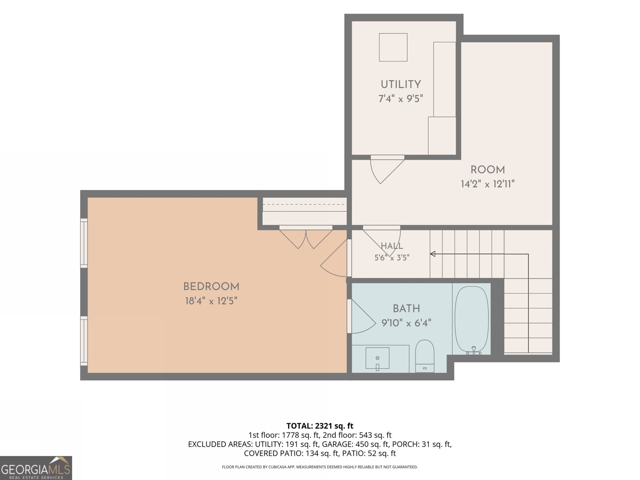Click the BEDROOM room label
[x=211, y=286]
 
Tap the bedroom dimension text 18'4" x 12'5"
[x=211, y=301]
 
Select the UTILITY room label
[x=401, y=84]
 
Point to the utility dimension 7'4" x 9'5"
[x=401, y=98]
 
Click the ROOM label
[x=488, y=170]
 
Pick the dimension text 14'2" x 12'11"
[x=488, y=184]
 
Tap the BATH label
[x=406, y=308]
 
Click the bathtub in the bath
[x=472, y=320]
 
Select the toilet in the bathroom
[x=424, y=356]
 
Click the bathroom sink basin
[x=377, y=358]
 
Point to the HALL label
[x=392, y=246]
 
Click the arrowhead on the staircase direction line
[x=433, y=254]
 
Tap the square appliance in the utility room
[x=393, y=47]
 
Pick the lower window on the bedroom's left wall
[x=84, y=341]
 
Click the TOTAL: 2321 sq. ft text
[x=320, y=426]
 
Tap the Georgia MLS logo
[x=36, y=468]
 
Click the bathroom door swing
[x=363, y=316]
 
